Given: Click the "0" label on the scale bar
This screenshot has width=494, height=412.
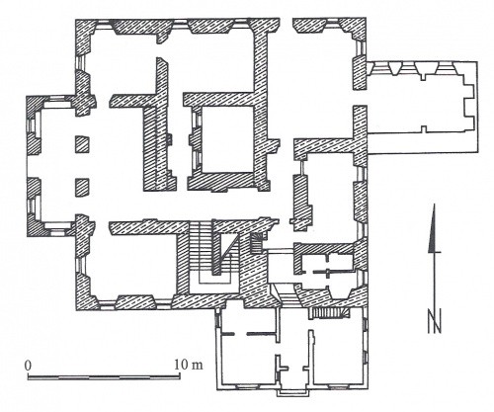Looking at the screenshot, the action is pyautogui.click(x=29, y=366).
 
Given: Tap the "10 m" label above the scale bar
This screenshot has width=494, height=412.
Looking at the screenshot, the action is pyautogui.click(x=189, y=365).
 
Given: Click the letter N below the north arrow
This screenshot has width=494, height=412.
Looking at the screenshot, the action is pyautogui.click(x=435, y=321).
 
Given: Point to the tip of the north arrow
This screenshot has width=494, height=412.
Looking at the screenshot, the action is pyautogui.click(x=435, y=204).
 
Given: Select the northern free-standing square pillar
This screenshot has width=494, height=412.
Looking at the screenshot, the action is pyautogui.click(x=82, y=144).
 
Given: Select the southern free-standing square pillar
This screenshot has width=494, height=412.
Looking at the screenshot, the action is pyautogui.click(x=82, y=188).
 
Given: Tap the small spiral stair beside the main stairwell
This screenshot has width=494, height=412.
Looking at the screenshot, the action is pyautogui.click(x=257, y=243).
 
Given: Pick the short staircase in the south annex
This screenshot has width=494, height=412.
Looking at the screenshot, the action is pyautogui.click(x=328, y=313).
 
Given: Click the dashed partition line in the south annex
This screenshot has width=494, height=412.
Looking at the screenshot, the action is pyautogui.click(x=248, y=334).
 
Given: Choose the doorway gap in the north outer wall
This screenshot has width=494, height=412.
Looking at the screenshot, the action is pyautogui.click(x=286, y=26).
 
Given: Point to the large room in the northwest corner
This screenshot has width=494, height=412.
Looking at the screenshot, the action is pyautogui.click(x=123, y=63).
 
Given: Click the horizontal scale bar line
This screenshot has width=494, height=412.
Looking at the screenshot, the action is pyautogui.click(x=104, y=377).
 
